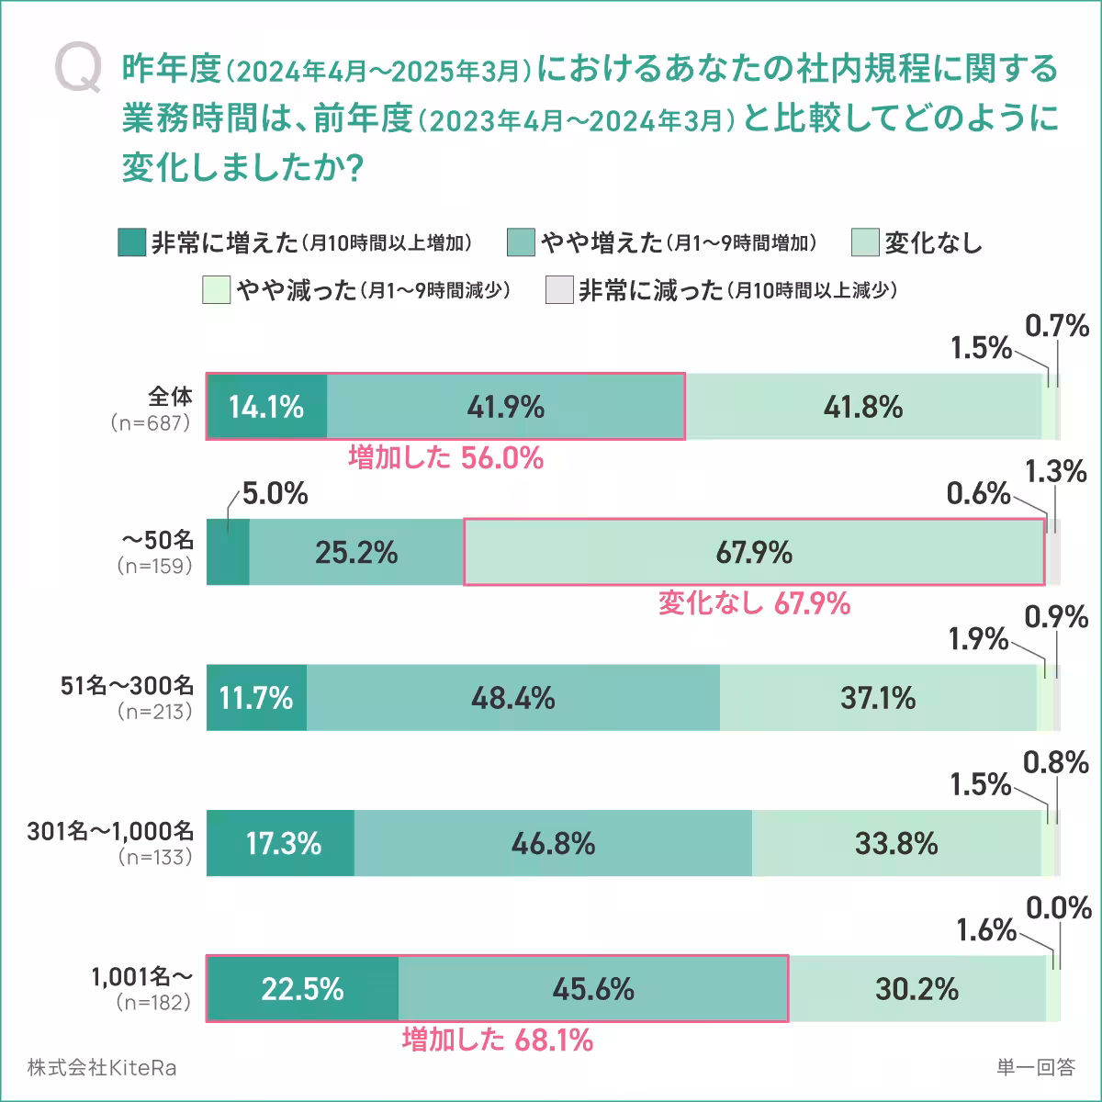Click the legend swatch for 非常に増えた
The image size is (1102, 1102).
point(132,242)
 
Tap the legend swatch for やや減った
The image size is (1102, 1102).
point(217,290)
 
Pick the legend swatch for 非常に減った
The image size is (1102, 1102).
point(558,290)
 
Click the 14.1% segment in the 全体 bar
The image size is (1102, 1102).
point(266,407)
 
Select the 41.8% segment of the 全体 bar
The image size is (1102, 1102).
point(863,407)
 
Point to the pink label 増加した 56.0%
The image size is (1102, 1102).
point(446,457)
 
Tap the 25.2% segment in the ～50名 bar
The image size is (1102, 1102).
point(356,552)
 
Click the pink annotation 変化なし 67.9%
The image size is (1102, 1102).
point(754,603)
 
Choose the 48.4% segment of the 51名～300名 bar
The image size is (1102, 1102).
point(512,698)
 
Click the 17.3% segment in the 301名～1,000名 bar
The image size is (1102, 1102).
point(281,843)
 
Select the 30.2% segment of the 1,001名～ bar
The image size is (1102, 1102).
point(916,989)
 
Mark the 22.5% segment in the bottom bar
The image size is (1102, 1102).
point(302,989)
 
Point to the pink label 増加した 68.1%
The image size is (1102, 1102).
point(497,1040)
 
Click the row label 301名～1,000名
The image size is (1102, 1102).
point(110,831)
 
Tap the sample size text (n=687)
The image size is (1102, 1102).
point(150,423)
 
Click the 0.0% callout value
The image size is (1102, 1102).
point(1058,909)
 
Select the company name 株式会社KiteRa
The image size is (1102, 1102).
point(102,1068)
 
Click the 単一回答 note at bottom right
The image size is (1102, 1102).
point(1035,1068)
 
